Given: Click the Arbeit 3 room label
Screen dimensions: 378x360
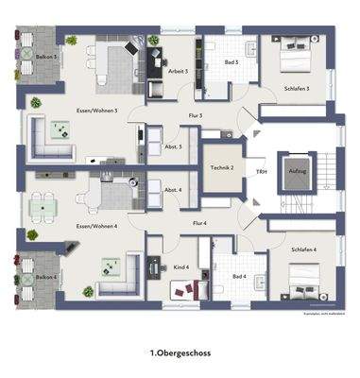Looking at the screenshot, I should [177, 72].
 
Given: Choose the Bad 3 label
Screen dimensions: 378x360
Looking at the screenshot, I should [231, 62].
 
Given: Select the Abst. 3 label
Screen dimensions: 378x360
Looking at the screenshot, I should [173, 146].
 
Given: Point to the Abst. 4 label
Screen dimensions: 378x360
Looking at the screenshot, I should [173, 191].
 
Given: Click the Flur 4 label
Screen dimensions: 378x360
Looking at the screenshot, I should [199, 223].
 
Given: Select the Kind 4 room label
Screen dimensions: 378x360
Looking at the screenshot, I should [180, 268].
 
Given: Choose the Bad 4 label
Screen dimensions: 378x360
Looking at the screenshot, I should [238, 276].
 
